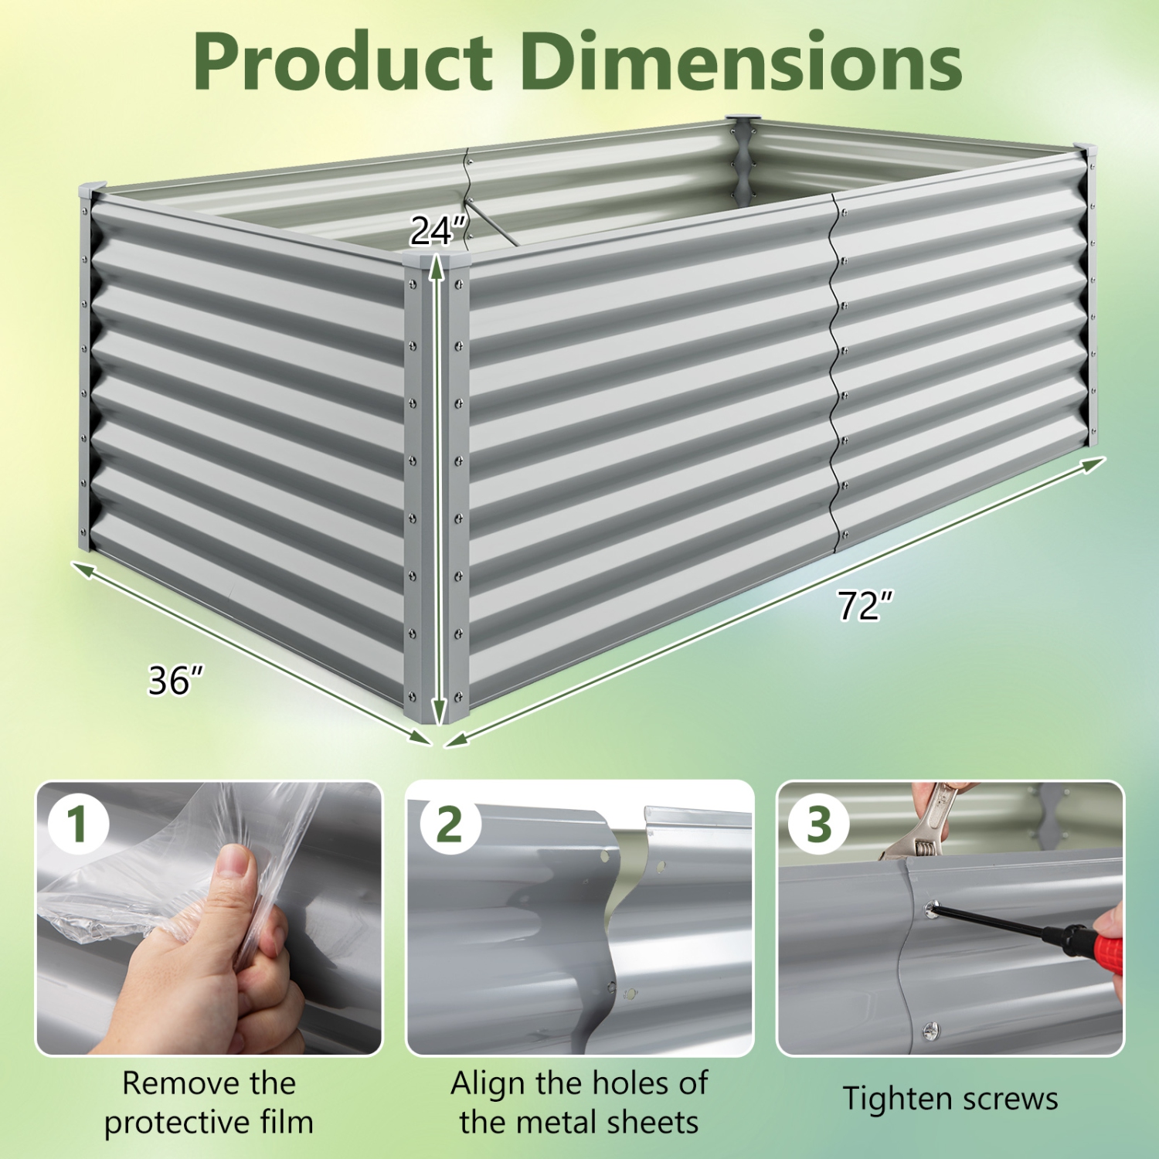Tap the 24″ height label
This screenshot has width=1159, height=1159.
click(437, 230)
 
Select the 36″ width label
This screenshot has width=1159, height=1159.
click(175, 680)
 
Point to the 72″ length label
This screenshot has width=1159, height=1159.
click(865, 605)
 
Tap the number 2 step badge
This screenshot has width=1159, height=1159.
click(450, 824)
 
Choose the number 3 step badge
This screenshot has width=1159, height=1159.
click(819, 824)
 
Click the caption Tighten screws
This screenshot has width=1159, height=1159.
click(950, 1099)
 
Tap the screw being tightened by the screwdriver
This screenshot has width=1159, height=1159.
click(932, 910)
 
